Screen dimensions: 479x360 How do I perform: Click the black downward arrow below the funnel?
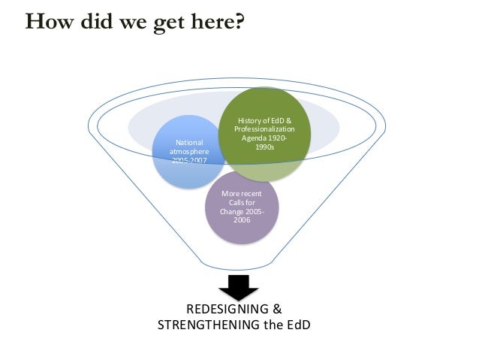click(x=238, y=286)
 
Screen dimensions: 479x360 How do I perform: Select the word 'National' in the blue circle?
click(x=183, y=142)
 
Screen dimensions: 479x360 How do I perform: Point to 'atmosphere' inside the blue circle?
click(x=183, y=151)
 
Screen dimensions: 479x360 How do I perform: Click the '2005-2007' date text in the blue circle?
click(x=183, y=161)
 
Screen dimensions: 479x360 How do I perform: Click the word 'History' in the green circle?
click(x=250, y=120)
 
